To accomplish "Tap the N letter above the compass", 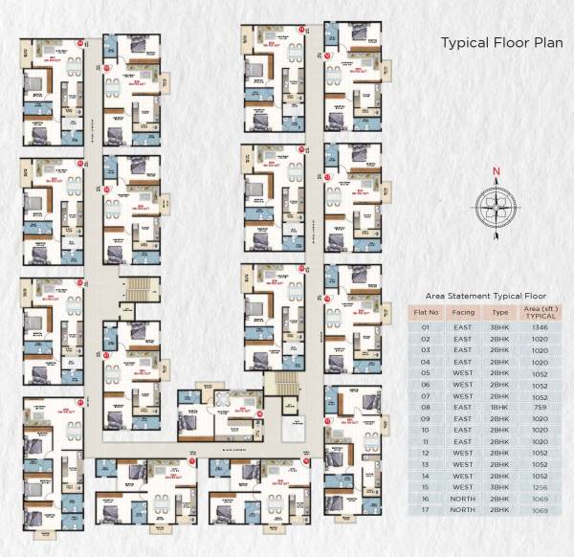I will coord(497,173).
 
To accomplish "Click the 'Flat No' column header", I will coord(425,312).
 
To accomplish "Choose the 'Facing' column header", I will coord(463,312).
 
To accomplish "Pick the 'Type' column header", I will coord(500,312).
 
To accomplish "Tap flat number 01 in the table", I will coord(425,326).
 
